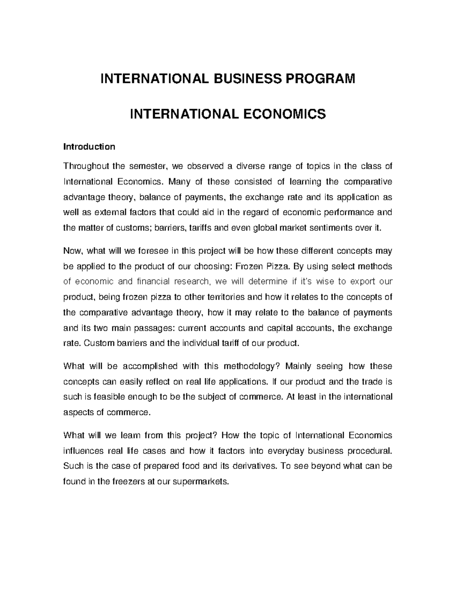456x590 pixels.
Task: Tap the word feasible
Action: [x=108, y=397]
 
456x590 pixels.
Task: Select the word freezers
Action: [x=128, y=482]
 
